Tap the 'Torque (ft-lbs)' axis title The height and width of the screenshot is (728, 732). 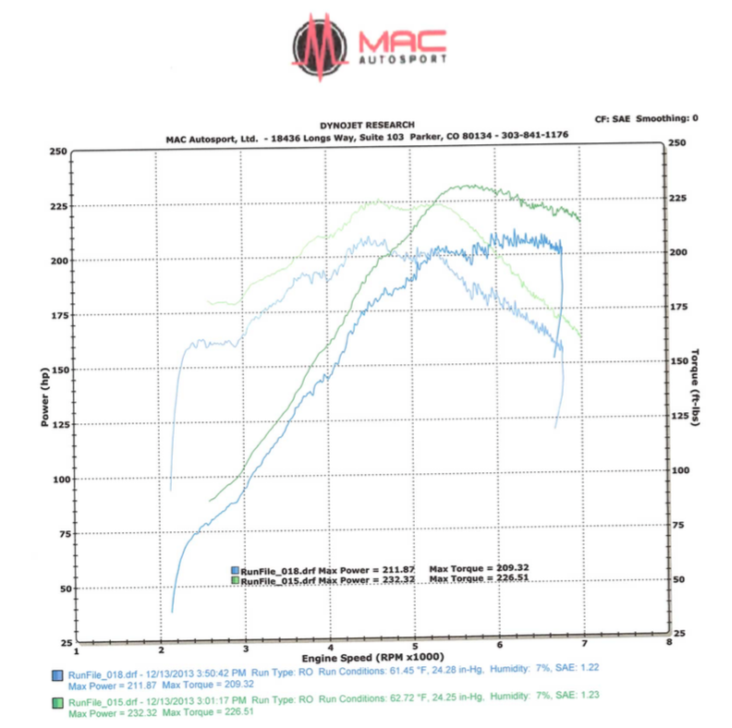[x=695, y=388]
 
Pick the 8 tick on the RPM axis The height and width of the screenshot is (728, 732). [x=667, y=642]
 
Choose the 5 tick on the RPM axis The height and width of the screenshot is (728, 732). [x=415, y=642]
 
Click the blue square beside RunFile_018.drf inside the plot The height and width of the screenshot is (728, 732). [x=235, y=570]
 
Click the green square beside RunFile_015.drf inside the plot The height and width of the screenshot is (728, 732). [x=235, y=580]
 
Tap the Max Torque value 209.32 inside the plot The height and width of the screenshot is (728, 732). [x=510, y=569]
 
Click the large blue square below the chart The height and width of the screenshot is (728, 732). [x=58, y=675]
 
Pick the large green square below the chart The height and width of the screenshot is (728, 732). [x=58, y=703]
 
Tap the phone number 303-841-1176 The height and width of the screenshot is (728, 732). [x=533, y=135]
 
